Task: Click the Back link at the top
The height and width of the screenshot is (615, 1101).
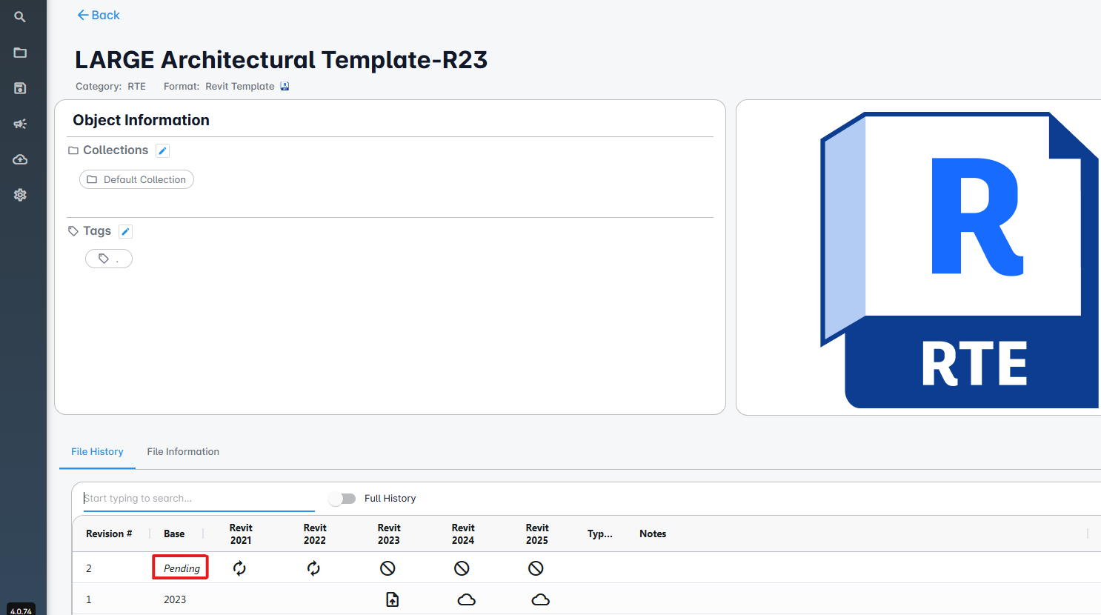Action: point(99,15)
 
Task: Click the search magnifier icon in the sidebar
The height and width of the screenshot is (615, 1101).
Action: point(20,17)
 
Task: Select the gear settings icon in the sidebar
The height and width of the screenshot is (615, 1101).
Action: point(20,195)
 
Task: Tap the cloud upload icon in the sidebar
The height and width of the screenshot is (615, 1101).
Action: point(20,159)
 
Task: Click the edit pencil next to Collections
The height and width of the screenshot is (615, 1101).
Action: point(163,150)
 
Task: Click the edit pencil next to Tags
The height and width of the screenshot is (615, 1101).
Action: point(126,231)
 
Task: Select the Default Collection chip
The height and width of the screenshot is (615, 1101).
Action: point(136,179)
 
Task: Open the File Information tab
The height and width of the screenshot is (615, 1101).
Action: point(183,451)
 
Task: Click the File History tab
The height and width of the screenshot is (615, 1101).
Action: point(97,451)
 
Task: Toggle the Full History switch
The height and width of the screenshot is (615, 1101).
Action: point(342,499)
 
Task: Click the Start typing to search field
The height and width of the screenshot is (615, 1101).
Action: point(199,498)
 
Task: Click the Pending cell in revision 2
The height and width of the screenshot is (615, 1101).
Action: point(181,568)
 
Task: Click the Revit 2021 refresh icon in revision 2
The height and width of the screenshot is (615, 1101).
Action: point(239,568)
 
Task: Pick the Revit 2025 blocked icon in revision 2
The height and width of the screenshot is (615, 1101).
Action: point(536,568)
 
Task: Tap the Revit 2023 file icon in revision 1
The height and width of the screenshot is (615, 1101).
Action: point(392,599)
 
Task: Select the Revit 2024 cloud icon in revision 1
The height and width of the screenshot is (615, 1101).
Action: point(466,599)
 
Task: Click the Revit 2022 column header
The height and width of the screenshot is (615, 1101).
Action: point(315,533)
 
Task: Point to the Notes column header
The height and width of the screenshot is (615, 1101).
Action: point(653,533)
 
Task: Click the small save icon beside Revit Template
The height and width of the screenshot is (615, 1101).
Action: point(285,86)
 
